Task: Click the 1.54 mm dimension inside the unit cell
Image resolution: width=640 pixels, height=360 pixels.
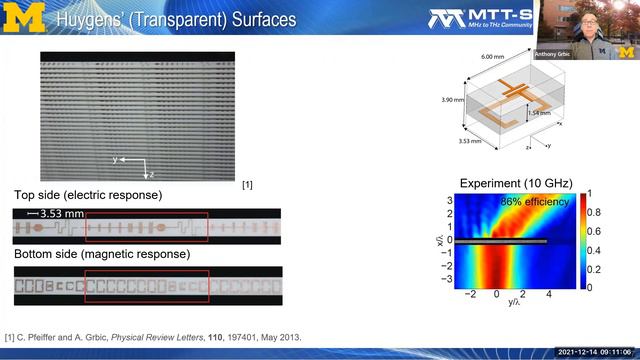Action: [x=539, y=115]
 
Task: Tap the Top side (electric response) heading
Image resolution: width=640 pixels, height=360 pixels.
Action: [x=88, y=194]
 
